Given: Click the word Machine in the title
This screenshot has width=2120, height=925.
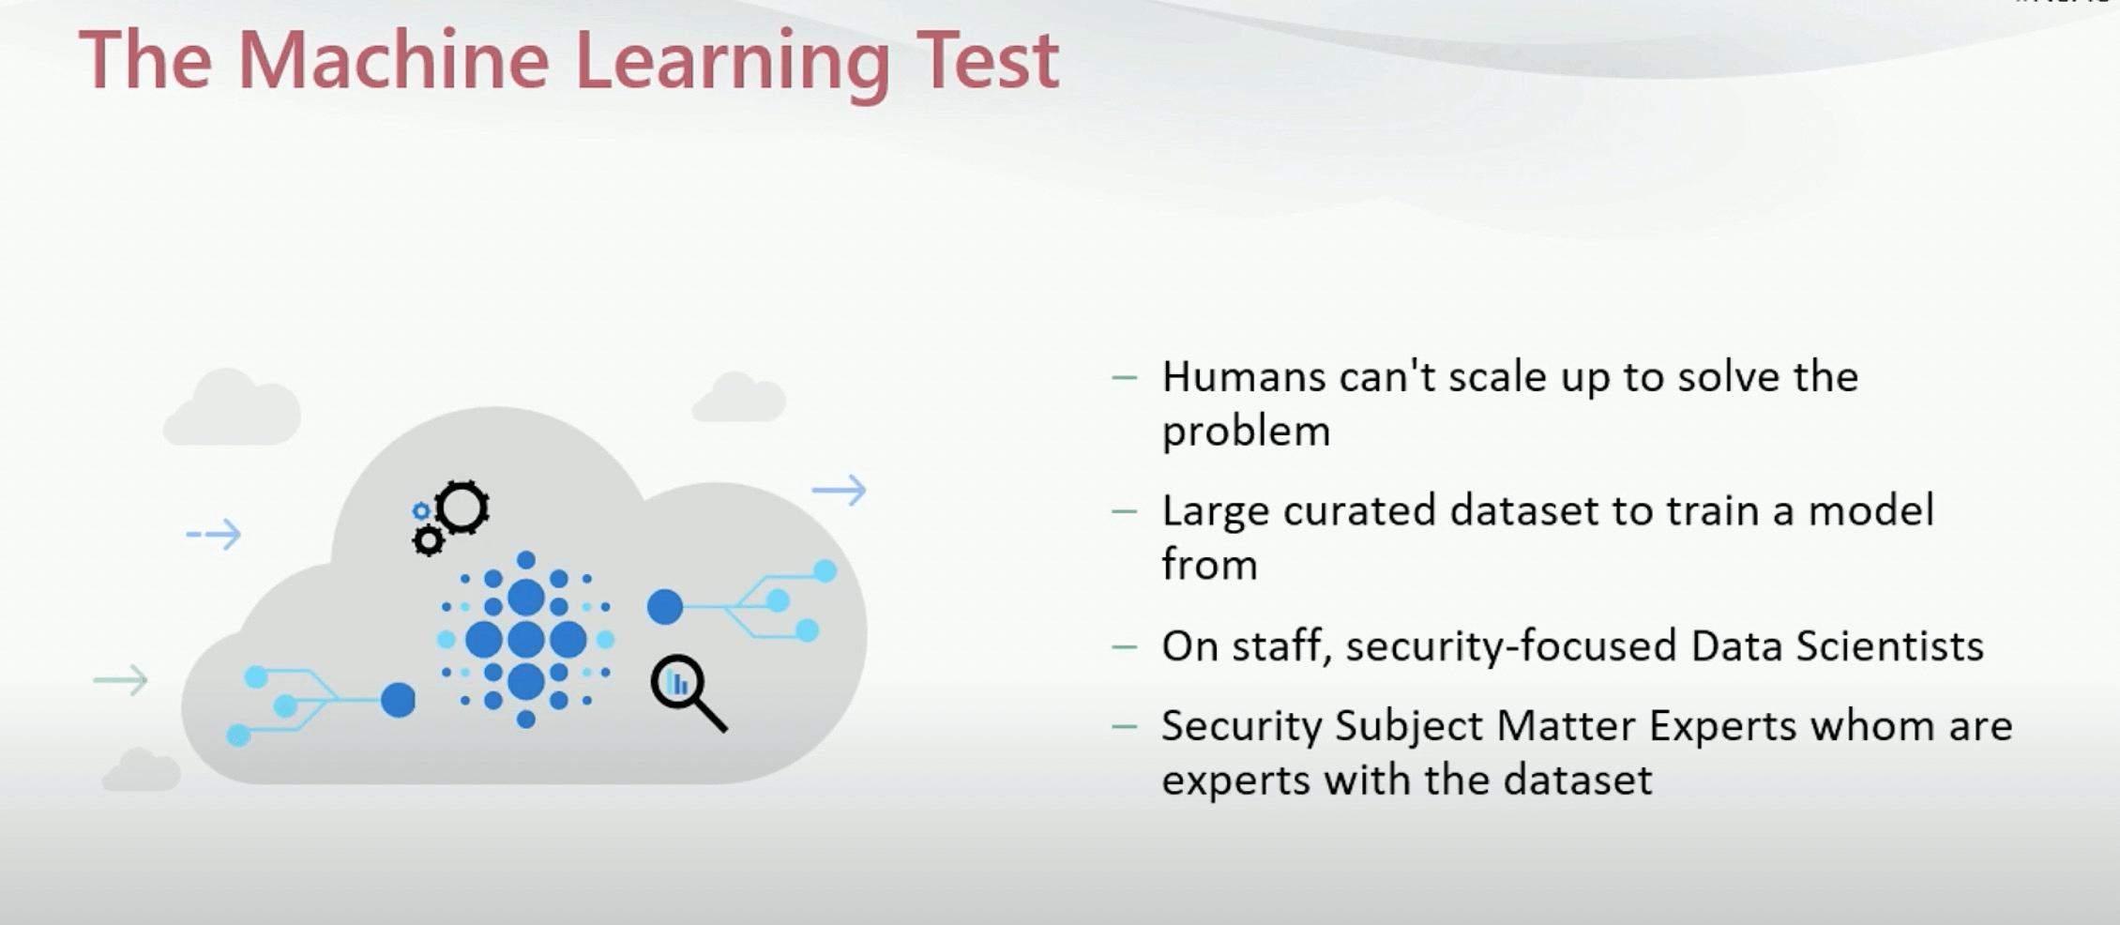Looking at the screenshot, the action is (393, 60).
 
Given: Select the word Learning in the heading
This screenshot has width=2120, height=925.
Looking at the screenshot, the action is (732, 66).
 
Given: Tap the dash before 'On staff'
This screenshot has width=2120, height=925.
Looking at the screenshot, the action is (1124, 647).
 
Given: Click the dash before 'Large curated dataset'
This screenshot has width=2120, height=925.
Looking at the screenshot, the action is (1124, 512).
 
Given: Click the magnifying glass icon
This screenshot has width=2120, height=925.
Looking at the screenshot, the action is (688, 692).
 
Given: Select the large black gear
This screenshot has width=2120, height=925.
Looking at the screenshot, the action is (462, 508).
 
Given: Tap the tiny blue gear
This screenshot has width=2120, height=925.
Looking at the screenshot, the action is (421, 511).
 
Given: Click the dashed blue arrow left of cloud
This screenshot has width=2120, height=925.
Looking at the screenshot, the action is (214, 535).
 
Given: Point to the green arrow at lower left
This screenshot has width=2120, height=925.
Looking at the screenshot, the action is (121, 680).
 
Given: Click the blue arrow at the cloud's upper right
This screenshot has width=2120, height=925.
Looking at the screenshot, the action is (840, 490).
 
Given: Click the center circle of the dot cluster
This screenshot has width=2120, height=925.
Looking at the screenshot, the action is (525, 640).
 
